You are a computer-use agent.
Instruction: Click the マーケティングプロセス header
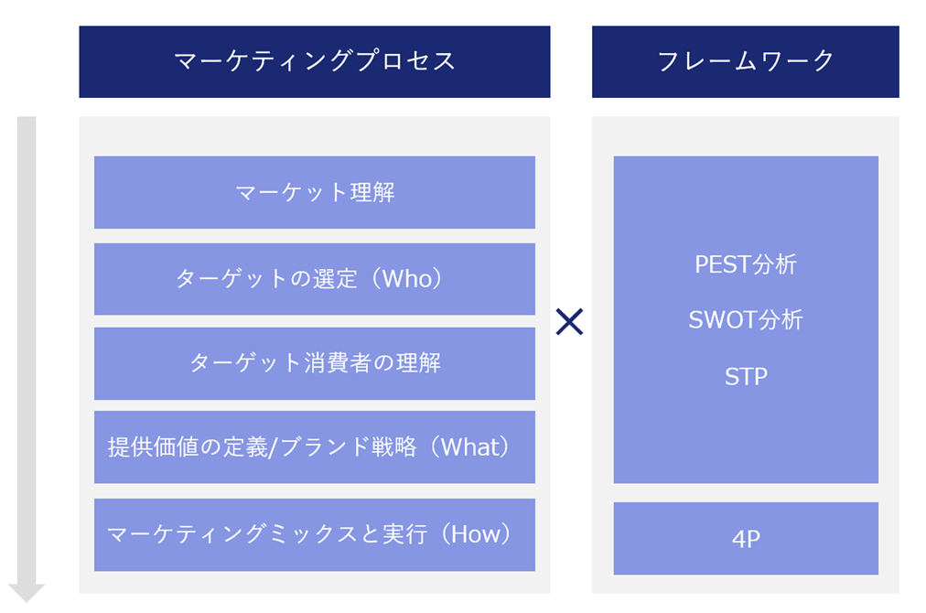[314, 61]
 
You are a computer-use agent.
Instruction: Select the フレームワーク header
[746, 61]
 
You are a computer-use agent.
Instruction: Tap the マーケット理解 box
[314, 192]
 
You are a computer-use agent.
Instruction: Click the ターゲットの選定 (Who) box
[314, 279]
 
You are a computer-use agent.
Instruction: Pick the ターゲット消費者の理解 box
[314, 363]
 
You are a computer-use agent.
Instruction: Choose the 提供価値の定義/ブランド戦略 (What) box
[314, 447]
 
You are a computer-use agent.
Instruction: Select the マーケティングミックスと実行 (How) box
[314, 534]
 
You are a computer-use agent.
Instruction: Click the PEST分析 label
[746, 264]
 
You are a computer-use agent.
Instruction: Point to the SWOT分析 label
[746, 319]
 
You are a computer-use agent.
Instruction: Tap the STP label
[746, 376]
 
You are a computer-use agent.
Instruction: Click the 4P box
[746, 538]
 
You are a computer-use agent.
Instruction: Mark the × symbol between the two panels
[569, 321]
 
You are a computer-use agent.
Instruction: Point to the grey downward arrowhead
[27, 592]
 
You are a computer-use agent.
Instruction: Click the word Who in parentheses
[408, 279]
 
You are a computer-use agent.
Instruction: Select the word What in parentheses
[471, 447]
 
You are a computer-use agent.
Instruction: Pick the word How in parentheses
[477, 534]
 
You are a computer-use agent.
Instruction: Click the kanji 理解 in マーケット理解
[372, 192]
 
